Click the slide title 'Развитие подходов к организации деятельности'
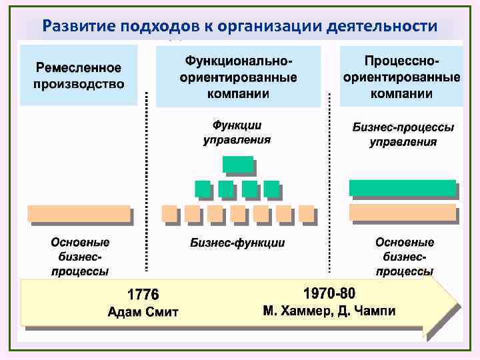click(239, 26)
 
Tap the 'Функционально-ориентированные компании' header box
click(238, 77)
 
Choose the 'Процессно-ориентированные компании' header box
click(401, 77)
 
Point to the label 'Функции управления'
click(237, 132)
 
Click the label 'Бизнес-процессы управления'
click(403, 134)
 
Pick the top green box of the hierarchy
click(238, 164)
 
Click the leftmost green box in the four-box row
click(203, 189)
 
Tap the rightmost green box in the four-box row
click(271, 189)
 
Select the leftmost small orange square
click(170, 213)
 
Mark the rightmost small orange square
click(306, 213)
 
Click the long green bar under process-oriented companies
click(403, 188)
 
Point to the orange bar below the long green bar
click(403, 212)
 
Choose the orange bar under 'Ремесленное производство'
click(79, 213)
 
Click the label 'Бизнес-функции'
click(237, 243)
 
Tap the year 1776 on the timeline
click(143, 294)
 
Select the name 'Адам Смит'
click(143, 311)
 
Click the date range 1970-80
click(329, 293)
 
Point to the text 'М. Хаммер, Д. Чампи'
click(329, 311)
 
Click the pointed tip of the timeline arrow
click(457, 304)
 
